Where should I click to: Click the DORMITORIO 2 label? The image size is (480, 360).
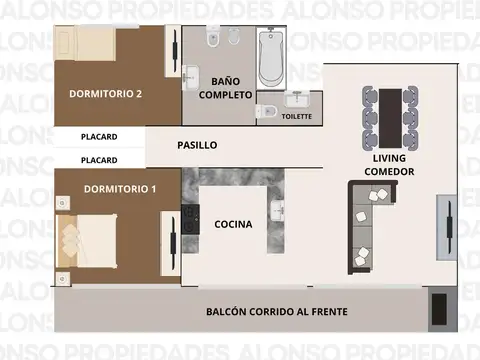[x=105, y=94]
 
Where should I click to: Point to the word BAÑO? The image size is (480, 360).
[x=225, y=81]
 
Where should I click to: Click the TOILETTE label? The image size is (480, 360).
[x=297, y=117]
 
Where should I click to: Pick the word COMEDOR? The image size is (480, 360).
[x=389, y=171]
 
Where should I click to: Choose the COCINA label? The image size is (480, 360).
[x=233, y=224]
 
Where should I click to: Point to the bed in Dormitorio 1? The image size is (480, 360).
[x=86, y=240]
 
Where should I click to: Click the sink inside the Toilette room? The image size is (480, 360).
[x=296, y=100]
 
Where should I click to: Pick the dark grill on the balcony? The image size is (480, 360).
[x=438, y=311]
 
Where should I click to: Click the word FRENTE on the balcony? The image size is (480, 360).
[x=324, y=312]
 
